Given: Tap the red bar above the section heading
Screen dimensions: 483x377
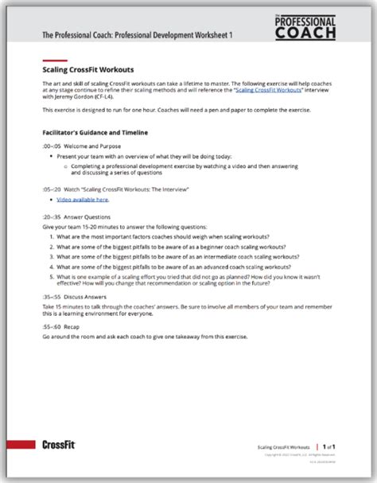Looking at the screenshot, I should coord(53,60).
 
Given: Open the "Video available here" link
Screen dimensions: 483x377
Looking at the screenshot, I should coord(83,199).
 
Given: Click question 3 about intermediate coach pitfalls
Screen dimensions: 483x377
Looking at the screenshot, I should coord(177,257).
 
